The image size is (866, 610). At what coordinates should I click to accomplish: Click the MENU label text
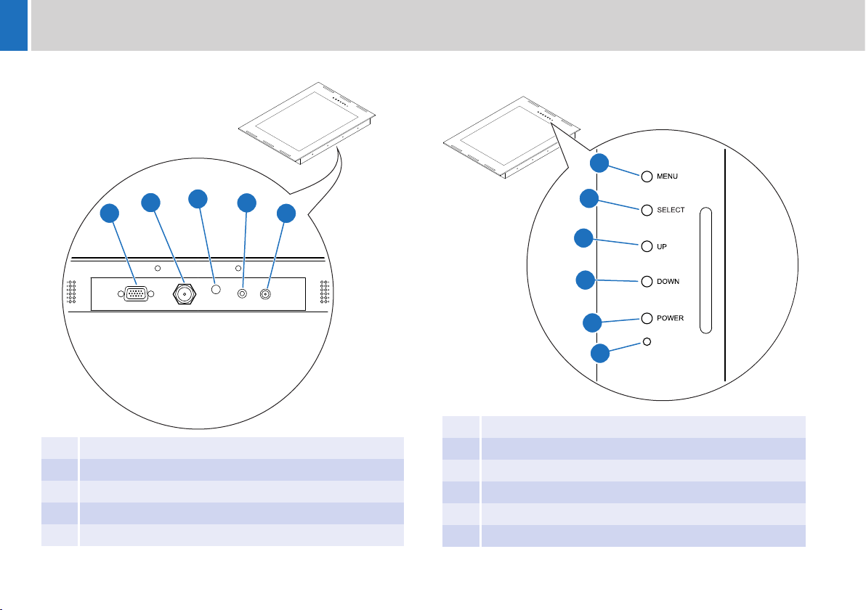click(x=669, y=176)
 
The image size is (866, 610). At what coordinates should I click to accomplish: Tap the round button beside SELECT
click(x=646, y=211)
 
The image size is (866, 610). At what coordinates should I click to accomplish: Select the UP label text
click(x=663, y=247)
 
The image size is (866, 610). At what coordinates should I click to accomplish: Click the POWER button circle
click(x=646, y=318)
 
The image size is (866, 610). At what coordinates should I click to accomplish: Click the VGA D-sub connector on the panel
click(x=136, y=294)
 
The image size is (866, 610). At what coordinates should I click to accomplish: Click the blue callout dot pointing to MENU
click(x=599, y=163)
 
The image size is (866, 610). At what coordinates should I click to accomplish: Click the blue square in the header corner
click(x=14, y=25)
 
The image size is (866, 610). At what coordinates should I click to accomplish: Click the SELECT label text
click(x=672, y=211)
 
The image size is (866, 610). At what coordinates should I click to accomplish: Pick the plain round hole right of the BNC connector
click(x=215, y=289)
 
